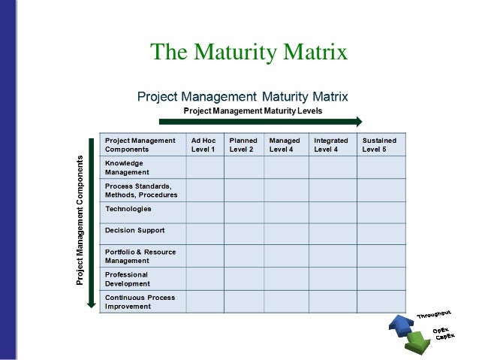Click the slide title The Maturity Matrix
(x=249, y=53)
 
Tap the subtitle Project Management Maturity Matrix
(x=242, y=96)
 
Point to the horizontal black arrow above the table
(x=260, y=121)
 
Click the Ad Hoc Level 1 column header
(x=203, y=144)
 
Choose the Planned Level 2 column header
(x=243, y=144)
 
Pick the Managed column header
(x=285, y=144)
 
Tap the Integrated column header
(x=330, y=144)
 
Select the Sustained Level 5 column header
(x=380, y=144)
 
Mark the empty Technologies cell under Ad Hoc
(x=204, y=212)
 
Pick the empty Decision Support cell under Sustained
(x=381, y=233)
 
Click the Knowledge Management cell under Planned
(x=243, y=167)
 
